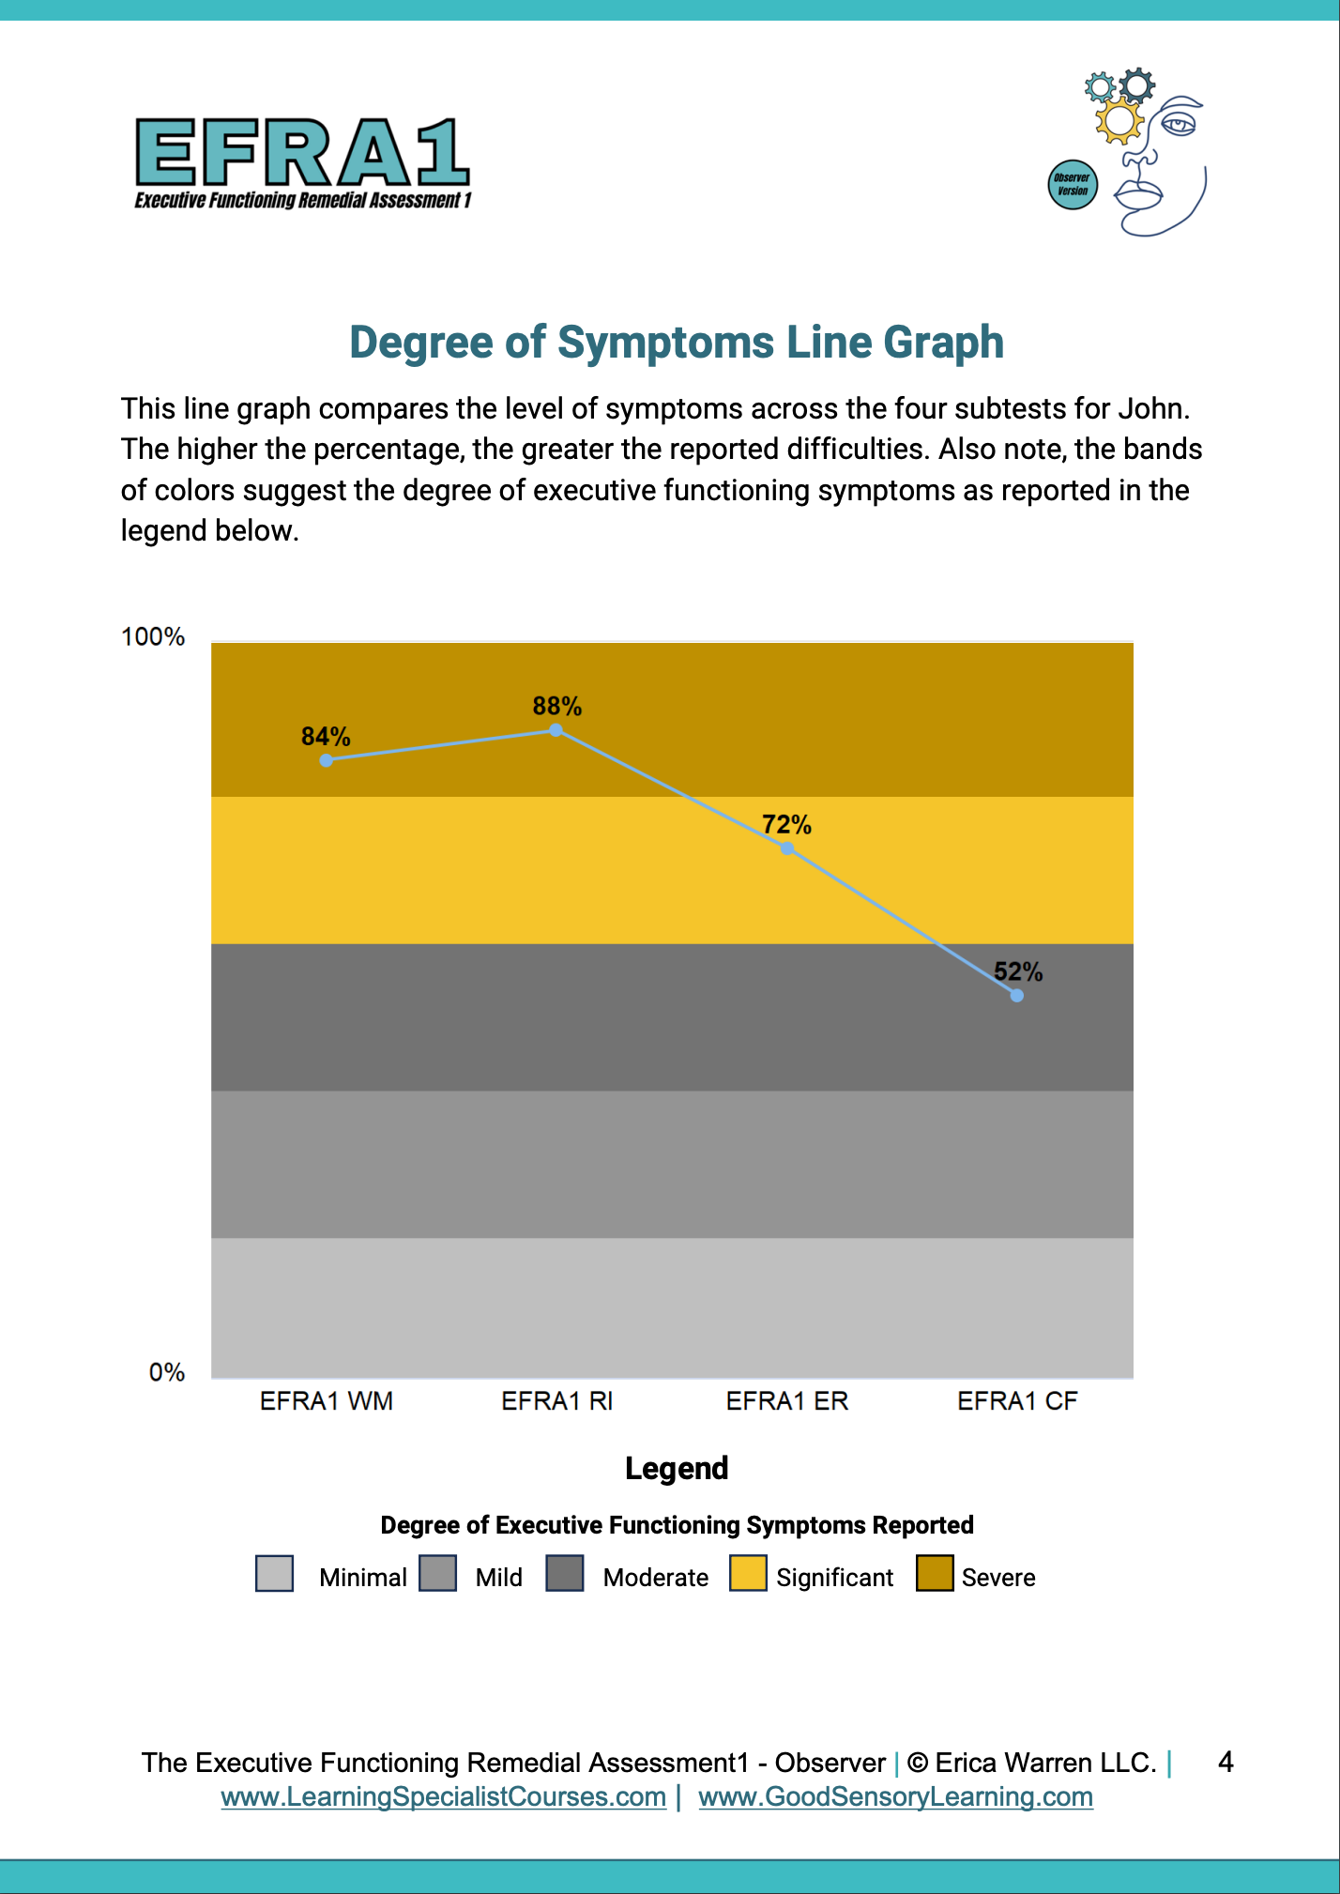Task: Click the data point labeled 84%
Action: [x=326, y=760]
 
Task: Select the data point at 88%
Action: [x=556, y=730]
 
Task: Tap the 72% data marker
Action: [x=787, y=848]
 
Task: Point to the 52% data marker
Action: [x=1017, y=995]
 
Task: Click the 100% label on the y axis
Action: [x=153, y=637]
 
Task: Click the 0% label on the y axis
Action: [x=167, y=1373]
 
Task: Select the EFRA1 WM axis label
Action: [x=327, y=1401]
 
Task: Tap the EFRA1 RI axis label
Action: [x=557, y=1401]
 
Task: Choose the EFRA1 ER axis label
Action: [x=787, y=1401]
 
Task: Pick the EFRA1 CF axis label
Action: [x=1017, y=1401]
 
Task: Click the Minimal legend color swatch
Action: [x=275, y=1574]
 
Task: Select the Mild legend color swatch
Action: [x=438, y=1574]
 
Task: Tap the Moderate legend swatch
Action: [x=565, y=1574]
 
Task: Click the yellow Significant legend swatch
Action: [x=748, y=1574]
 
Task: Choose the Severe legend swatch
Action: [x=935, y=1574]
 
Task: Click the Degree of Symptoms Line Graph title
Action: [x=677, y=342]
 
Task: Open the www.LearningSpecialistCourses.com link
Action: [x=444, y=1797]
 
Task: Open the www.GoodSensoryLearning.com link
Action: [x=896, y=1797]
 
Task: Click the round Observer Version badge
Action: [x=1073, y=184]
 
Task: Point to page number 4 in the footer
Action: [x=1226, y=1762]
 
